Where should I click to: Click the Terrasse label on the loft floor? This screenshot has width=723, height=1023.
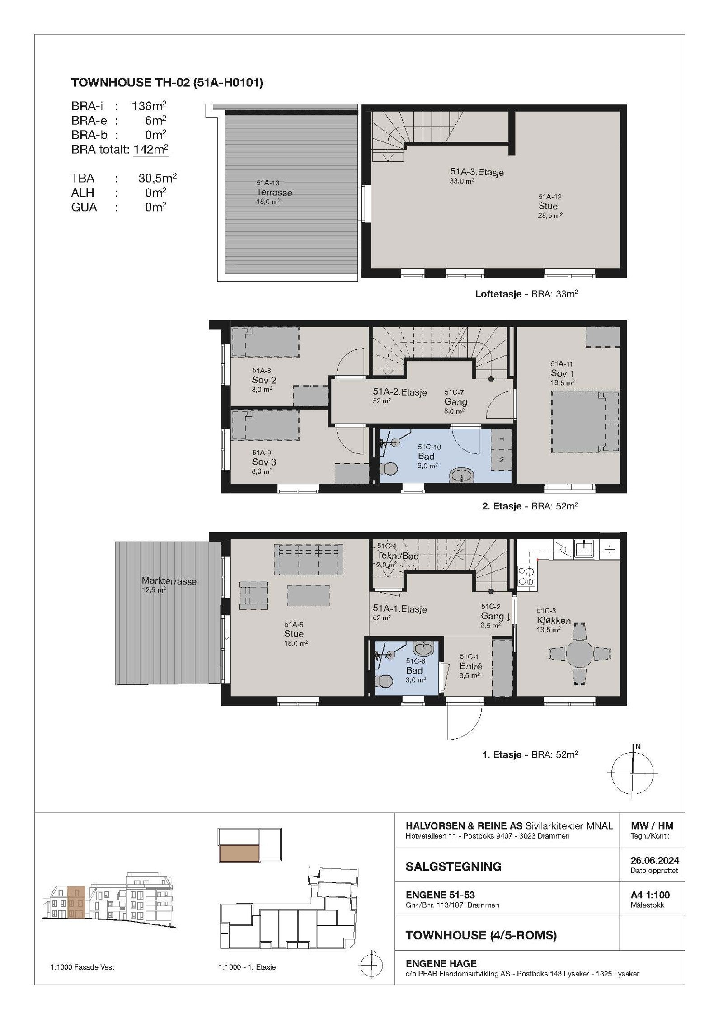(274, 193)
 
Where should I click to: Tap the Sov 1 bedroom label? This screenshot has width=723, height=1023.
(563, 373)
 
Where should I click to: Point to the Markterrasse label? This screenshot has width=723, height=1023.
(169, 581)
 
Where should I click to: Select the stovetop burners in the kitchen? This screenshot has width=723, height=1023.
(526, 576)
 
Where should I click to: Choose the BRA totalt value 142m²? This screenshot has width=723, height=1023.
(151, 149)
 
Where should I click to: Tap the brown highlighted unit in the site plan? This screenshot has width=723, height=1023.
(239, 853)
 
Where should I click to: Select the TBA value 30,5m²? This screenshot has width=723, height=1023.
(157, 178)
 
